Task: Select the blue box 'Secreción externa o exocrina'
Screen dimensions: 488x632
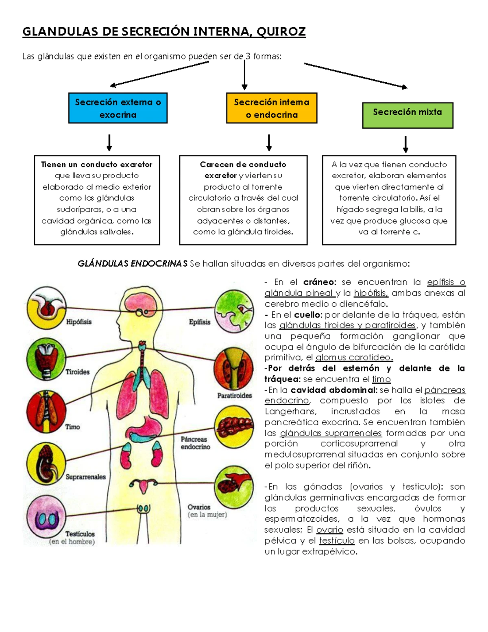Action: [x=118, y=108]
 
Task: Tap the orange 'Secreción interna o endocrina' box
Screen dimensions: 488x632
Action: [x=272, y=108]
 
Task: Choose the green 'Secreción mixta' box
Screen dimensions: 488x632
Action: [x=407, y=115]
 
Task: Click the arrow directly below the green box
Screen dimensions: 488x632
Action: [x=405, y=144]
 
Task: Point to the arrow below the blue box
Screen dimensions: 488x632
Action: [x=109, y=142]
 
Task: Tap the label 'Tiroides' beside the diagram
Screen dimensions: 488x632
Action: [x=78, y=372]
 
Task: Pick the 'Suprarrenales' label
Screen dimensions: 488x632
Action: [x=85, y=477]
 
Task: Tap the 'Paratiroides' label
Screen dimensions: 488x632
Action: [x=234, y=395]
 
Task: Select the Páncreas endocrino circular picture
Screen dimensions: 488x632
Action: [x=234, y=426]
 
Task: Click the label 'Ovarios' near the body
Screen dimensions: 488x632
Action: [x=199, y=507]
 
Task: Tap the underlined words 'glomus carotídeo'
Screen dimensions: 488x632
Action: [x=354, y=358]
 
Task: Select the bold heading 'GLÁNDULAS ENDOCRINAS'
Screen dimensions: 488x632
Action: [x=133, y=264]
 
